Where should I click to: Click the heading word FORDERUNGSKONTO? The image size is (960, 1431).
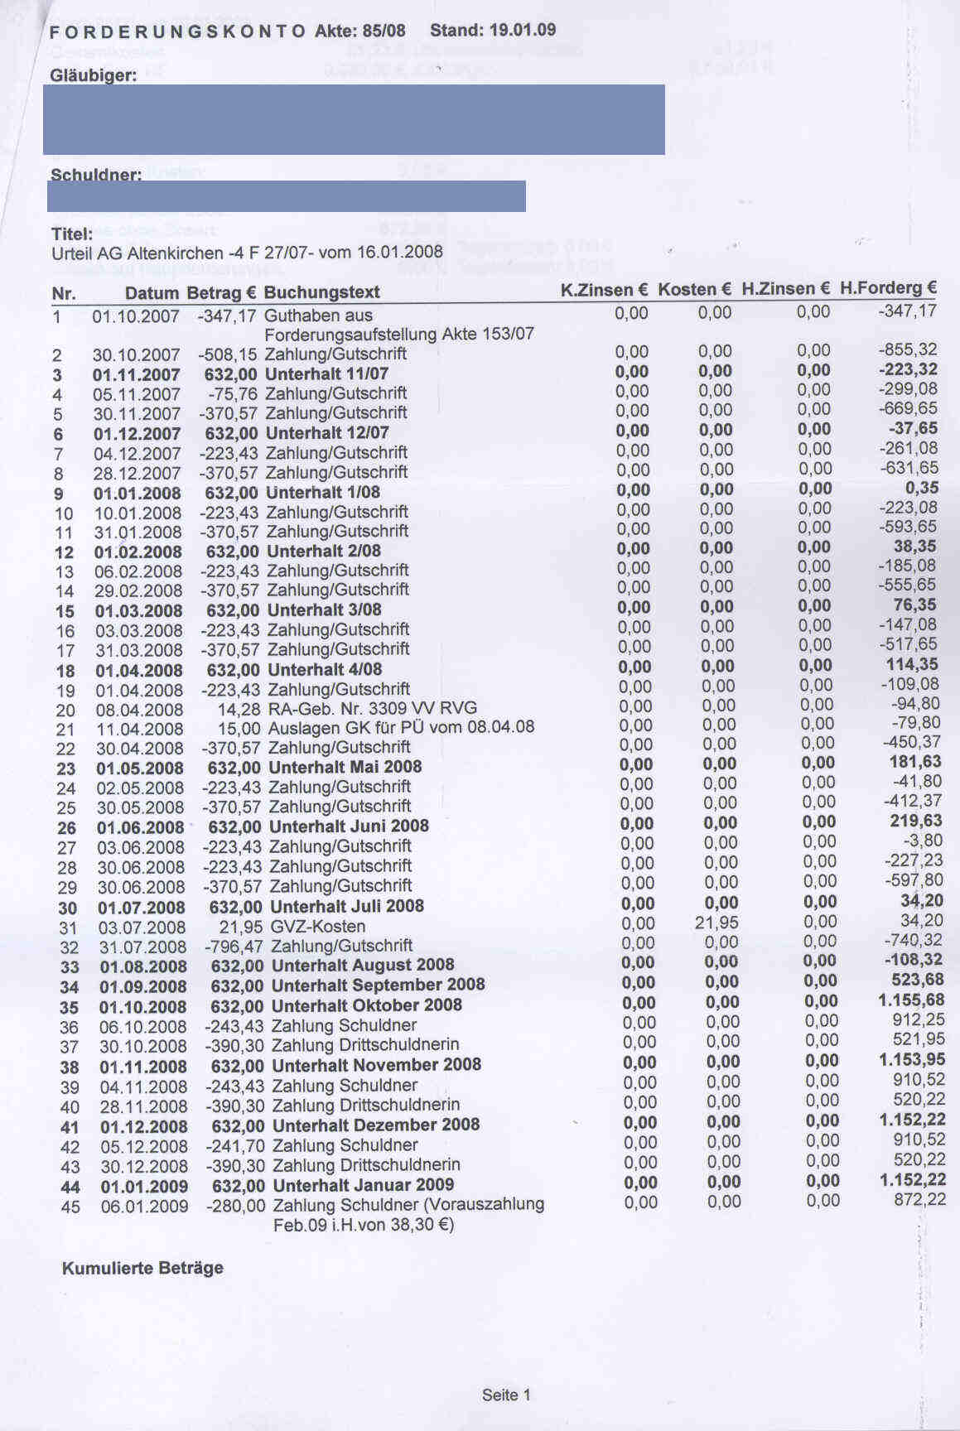click(177, 32)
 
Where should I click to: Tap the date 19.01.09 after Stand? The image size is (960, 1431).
click(523, 31)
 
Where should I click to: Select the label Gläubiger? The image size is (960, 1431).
click(94, 75)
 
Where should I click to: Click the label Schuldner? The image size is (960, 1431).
click(96, 175)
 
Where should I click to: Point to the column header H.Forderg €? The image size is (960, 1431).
click(888, 288)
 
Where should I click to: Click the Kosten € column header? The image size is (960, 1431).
click(695, 289)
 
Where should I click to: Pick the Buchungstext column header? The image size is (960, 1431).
click(321, 292)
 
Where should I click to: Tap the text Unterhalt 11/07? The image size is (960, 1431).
click(326, 374)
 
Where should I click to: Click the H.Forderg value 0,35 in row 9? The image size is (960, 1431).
click(922, 489)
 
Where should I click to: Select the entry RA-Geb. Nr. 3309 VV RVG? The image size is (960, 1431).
click(373, 709)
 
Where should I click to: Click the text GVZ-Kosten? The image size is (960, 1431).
click(318, 927)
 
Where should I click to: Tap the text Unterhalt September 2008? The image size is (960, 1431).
click(378, 985)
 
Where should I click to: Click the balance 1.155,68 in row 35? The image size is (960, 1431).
click(911, 1000)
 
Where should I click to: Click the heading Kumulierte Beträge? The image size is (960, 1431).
click(142, 1268)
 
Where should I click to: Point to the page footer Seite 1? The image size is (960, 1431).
click(506, 1395)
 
